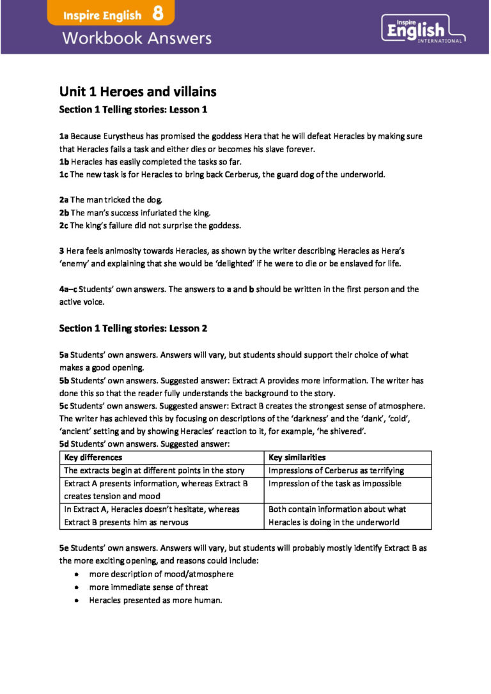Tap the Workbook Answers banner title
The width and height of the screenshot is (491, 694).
136,38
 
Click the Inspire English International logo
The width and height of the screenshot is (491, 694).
423,29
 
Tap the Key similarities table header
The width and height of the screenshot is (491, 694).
297,458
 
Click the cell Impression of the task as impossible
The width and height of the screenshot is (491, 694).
335,484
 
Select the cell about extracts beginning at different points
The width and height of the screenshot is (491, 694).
154,470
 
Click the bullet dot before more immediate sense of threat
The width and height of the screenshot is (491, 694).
77,587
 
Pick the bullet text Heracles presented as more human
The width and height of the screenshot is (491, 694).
155,600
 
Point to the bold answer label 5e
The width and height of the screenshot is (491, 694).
64,548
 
